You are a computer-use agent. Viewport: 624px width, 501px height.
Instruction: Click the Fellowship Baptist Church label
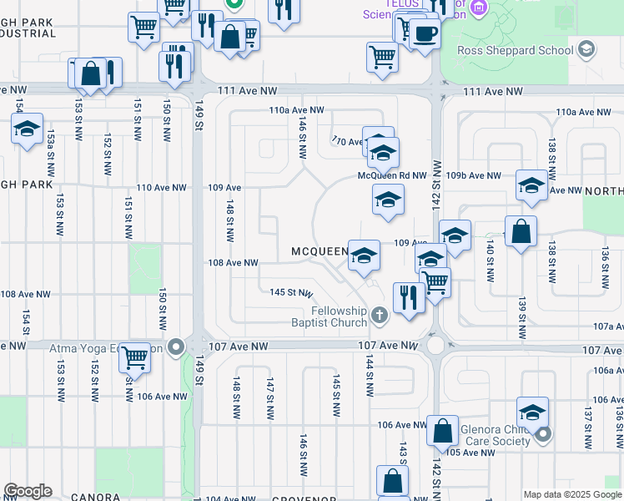[328, 316]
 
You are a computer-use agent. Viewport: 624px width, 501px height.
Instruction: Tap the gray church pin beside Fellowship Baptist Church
[380, 315]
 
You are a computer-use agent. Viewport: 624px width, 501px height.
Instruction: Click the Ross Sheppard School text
[515, 50]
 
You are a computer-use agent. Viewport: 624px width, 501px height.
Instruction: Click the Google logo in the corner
[28, 491]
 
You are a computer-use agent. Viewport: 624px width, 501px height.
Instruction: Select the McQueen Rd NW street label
[391, 176]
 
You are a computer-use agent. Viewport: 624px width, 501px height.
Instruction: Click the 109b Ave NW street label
[473, 176]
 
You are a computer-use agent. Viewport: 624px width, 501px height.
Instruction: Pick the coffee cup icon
[425, 33]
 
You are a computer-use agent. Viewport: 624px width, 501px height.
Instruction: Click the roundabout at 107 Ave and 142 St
[435, 345]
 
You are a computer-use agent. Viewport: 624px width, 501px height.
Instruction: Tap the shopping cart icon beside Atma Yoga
[134, 358]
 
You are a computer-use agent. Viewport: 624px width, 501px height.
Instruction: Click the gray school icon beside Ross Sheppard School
[586, 49]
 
